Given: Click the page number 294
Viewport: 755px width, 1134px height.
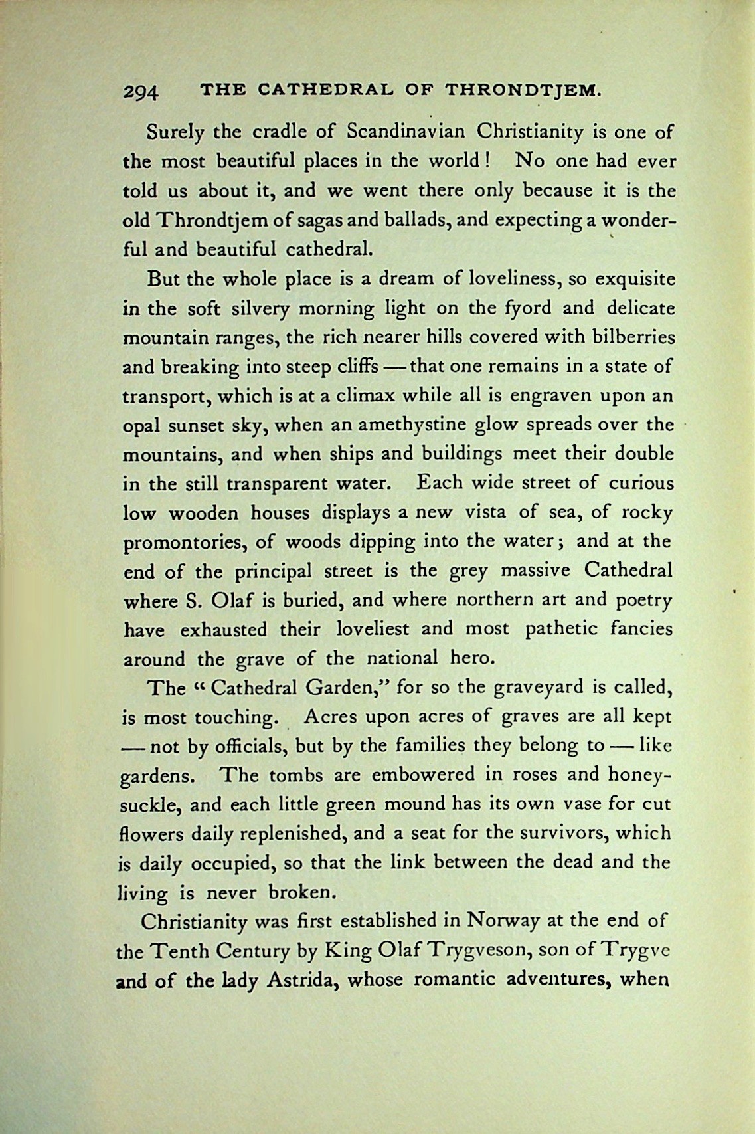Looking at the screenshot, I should [140, 90].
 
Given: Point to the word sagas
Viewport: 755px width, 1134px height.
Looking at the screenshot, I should [330, 220].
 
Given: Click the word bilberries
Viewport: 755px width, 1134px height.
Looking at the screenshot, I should [628, 337].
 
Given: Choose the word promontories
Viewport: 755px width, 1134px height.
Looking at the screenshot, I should [185, 542].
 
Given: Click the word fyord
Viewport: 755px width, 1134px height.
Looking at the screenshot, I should [529, 308].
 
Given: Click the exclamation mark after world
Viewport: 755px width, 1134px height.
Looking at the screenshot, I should [488, 160].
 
